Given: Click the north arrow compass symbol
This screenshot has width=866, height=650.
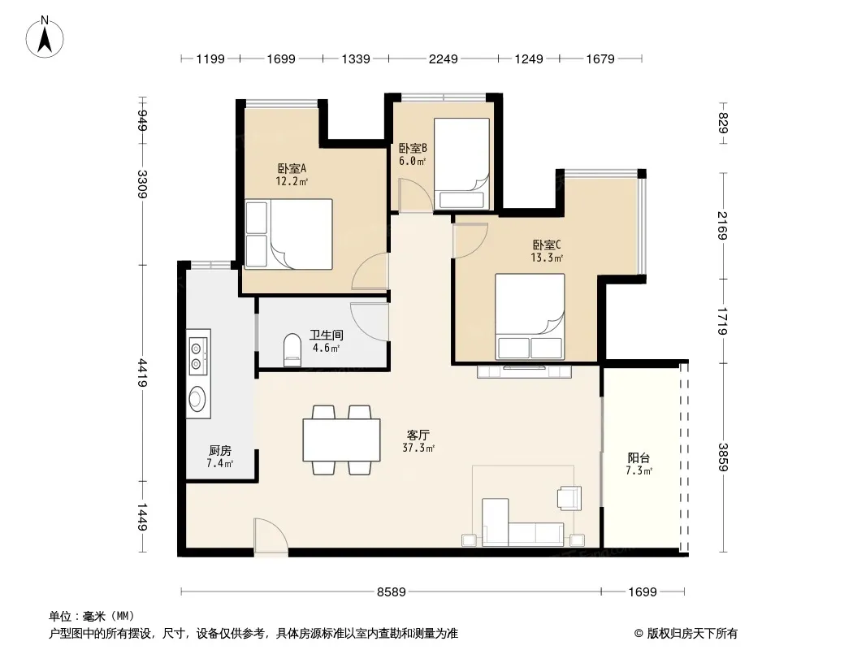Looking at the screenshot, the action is point(45,37).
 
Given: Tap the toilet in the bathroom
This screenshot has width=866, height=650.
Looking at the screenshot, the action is point(292,350).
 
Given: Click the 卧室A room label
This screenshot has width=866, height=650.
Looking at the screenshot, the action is point(292,168).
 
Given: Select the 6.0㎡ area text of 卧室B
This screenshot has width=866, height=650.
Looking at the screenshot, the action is point(413,161).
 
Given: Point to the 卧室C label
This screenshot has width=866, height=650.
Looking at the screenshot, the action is point(547,245).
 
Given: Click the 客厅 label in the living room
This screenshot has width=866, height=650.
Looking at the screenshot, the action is point(418,435).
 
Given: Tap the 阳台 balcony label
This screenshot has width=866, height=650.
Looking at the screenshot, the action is point(639,457).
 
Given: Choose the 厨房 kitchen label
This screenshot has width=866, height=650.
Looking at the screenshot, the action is point(220,451).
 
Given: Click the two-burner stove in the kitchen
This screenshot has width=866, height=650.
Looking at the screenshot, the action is point(197,356).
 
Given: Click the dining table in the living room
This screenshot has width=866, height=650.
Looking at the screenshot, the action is point(341,440).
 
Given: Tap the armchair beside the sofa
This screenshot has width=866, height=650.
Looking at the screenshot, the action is point(570,497).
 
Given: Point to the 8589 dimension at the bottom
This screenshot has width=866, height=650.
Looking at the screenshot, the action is point(391,592).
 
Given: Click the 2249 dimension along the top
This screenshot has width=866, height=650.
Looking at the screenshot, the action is point(443,58).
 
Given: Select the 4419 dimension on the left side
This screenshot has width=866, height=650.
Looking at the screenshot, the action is point(142,373).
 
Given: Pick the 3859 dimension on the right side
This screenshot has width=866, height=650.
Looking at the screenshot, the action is point(723,457).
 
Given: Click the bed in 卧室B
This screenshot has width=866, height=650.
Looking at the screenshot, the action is point(461,163).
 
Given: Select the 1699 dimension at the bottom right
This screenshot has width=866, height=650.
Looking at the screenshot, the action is point(643,592).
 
